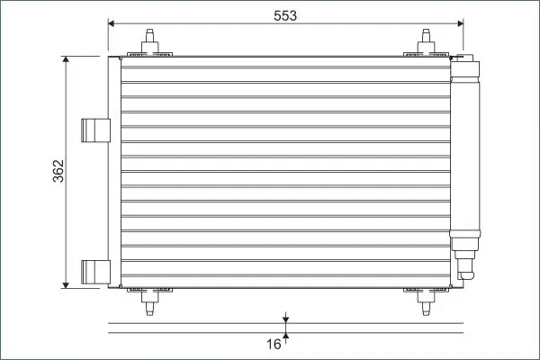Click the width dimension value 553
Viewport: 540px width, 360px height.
pyautogui.click(x=284, y=15)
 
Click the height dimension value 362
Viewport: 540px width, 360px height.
pyautogui.click(x=58, y=171)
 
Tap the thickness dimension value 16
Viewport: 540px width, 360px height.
pyautogui.click(x=274, y=344)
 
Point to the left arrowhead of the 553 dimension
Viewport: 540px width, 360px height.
pyautogui.click(x=111, y=23)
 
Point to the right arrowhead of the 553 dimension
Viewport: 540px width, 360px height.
pyautogui.click(x=461, y=23)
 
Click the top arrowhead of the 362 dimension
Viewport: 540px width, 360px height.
pyautogui.click(x=66, y=59)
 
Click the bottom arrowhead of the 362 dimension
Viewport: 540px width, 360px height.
pyautogui.click(x=66, y=285)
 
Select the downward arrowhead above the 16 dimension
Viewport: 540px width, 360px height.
pyautogui.click(x=285, y=320)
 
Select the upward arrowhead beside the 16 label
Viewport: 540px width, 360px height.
pyautogui.click(x=285, y=336)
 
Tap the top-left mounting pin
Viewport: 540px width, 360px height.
pyautogui.click(x=149, y=41)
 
